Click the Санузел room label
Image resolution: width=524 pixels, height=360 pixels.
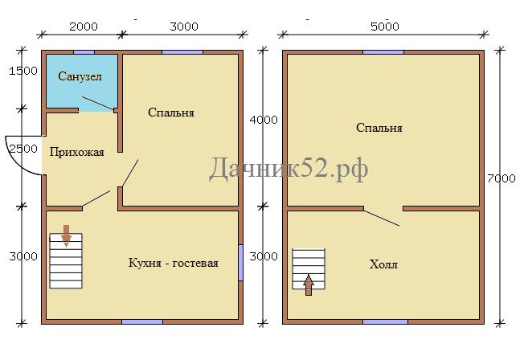pos(80,76)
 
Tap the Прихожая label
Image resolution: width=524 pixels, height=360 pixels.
pos(77,153)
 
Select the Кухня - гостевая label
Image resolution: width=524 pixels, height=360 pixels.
pos(173,263)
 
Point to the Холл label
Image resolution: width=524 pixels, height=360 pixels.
pos(383,264)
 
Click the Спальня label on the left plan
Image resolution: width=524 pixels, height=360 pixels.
pos(171,112)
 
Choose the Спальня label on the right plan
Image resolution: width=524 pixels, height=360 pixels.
pos(379,128)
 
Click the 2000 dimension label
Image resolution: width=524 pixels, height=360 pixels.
pos(84,27)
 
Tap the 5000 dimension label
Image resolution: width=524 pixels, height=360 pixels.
pos(385,27)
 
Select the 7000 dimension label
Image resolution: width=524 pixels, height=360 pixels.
pos(501,178)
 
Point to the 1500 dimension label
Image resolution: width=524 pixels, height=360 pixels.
pos(23,71)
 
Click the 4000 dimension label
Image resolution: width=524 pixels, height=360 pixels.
pos(264,120)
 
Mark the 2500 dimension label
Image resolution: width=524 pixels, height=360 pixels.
pos(23,149)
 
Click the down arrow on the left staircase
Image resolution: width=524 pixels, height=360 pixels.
pos(66,236)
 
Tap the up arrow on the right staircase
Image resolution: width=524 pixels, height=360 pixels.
pos(309,285)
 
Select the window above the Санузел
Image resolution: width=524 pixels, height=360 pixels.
pos(84,52)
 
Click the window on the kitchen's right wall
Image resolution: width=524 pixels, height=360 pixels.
pos(240,263)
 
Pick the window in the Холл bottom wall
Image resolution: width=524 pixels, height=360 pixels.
pos(385,322)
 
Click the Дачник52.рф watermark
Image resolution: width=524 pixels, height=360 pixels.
pos(289,169)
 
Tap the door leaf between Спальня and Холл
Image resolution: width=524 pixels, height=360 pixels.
pos(382,219)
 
